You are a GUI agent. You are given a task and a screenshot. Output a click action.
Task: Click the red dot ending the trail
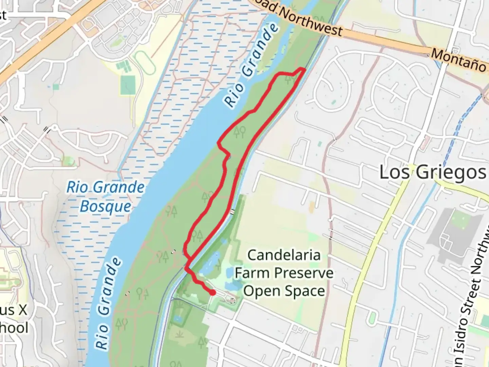(213, 292)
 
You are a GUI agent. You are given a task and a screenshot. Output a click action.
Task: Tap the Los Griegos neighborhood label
(432, 172)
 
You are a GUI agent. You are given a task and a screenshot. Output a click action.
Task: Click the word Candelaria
(284, 255)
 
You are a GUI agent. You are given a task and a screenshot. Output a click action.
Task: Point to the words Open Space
(284, 291)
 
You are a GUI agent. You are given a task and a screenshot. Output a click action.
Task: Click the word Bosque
(105, 207)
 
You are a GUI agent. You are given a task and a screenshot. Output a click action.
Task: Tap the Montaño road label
(458, 60)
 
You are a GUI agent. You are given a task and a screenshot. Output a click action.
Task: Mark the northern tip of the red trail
(302, 69)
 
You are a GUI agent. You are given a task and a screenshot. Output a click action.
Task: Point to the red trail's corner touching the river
(219, 143)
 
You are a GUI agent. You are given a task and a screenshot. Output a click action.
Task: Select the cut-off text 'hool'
(14, 328)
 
